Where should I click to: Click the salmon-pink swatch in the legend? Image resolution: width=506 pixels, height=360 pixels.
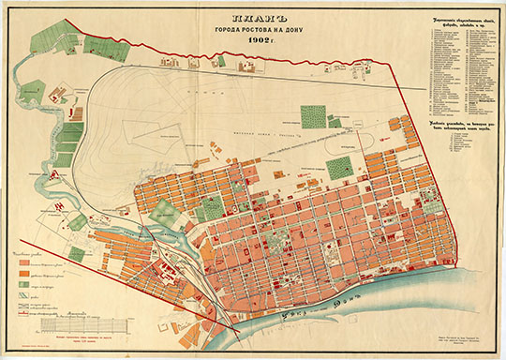(24, 265)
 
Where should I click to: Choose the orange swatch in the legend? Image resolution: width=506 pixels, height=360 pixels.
(24, 278)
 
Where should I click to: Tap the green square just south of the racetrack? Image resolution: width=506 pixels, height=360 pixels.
(339, 168)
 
